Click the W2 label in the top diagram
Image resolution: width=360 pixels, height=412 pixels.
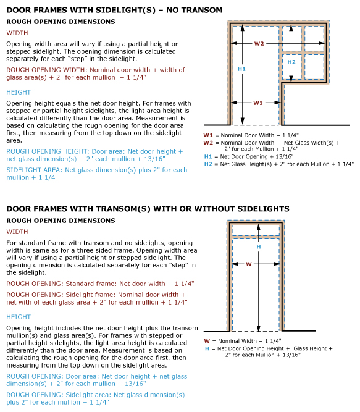pyautogui.click(x=259, y=43)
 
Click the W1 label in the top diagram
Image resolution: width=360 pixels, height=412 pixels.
pyautogui.click(x=258, y=103)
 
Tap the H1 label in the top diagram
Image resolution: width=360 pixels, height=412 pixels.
pyautogui.click(x=241, y=69)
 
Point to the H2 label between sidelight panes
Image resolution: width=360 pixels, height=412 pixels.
pyautogui.click(x=291, y=62)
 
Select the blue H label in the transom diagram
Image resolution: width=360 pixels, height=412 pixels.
pyautogui.click(x=259, y=246)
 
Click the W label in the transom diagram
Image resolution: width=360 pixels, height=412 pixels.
pyautogui.click(x=249, y=264)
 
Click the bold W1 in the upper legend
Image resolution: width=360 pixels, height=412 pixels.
pyautogui.click(x=208, y=135)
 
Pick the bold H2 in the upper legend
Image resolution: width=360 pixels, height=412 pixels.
pyautogui.click(x=208, y=164)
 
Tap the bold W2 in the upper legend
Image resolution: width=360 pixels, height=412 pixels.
pyautogui.click(x=208, y=143)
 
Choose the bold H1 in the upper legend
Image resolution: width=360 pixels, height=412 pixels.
pyautogui.click(x=208, y=157)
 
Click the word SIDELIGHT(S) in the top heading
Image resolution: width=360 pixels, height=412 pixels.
pyautogui.click(x=125, y=10)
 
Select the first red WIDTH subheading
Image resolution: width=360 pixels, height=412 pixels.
pyautogui.click(x=17, y=33)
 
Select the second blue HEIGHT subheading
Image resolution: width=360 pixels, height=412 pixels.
pyautogui.click(x=19, y=317)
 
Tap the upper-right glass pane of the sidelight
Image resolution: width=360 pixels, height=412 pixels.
pyautogui.click(x=314, y=38)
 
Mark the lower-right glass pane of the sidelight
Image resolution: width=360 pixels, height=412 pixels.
pyautogui.click(x=314, y=67)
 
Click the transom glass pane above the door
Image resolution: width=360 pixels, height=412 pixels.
pyautogui.click(x=256, y=230)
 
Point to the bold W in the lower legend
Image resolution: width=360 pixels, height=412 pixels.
pyautogui.click(x=207, y=341)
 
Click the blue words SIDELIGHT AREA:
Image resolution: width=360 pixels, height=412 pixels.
pyautogui.click(x=35, y=170)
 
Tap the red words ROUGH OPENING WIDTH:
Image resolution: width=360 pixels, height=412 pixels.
pyautogui.click(x=47, y=70)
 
